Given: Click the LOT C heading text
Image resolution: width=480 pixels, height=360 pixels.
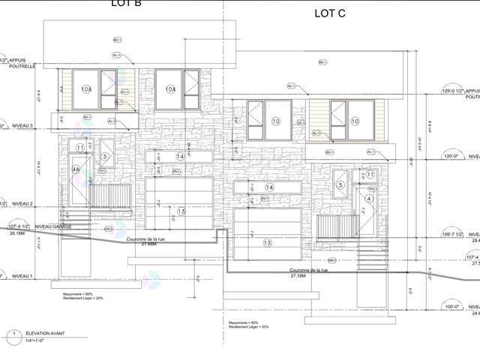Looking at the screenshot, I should tap(330, 13).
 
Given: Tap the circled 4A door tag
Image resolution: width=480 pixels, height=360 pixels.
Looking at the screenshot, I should tap(76, 170).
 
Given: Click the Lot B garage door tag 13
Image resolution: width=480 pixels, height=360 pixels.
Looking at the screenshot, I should tap(181, 211).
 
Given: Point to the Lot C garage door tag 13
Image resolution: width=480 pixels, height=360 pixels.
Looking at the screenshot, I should tap(267, 242).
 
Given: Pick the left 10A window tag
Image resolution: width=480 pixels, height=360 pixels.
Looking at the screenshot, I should tap(86, 89).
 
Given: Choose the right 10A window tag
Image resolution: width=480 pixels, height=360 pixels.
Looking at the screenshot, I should tap(170, 89).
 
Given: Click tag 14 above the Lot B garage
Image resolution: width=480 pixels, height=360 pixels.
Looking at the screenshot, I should tap(180, 156).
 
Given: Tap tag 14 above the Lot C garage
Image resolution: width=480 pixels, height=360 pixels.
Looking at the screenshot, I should tap(268, 187).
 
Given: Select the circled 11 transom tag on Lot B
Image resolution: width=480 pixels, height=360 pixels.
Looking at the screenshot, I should tap(80, 148).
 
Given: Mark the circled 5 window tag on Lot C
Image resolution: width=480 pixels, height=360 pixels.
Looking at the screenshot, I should tap(340, 185).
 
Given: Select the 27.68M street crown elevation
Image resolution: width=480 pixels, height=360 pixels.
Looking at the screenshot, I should tap(141, 244).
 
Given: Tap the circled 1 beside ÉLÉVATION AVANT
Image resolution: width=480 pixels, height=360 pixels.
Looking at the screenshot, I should tap(13, 333).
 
